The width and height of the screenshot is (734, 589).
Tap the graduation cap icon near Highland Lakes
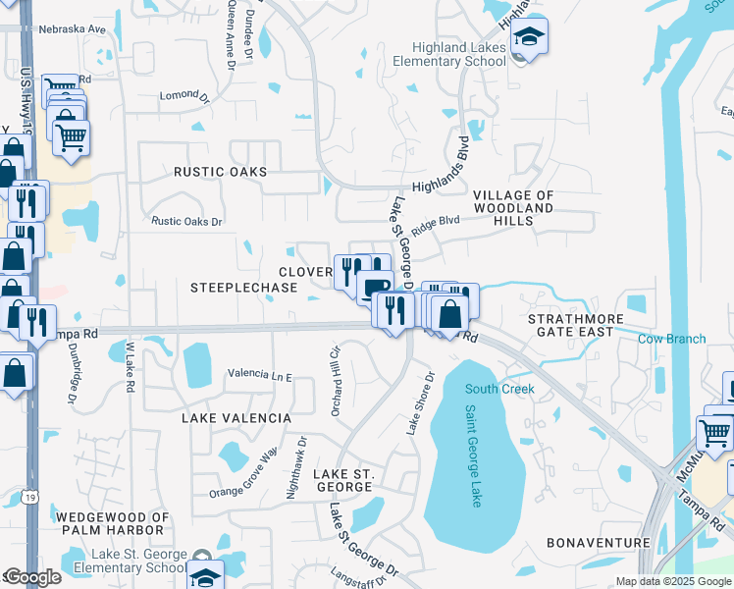tap(530, 38)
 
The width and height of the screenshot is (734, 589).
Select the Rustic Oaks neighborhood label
tap(220, 171)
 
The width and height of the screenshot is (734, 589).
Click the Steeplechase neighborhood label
tap(243, 288)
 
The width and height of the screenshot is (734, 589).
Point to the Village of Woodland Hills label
tap(514, 208)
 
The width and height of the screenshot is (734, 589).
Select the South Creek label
tap(499, 389)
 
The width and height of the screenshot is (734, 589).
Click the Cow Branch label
tap(671, 339)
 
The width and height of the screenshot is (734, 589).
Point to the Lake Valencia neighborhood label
tap(236, 418)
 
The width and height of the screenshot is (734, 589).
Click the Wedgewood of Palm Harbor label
tap(113, 523)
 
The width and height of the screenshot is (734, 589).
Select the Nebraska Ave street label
tap(71, 29)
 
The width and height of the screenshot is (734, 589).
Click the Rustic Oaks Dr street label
tap(186, 221)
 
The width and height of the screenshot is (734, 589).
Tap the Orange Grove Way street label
tap(243, 470)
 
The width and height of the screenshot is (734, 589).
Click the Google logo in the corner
tap(32, 577)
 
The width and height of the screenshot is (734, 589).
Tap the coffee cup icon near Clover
tap(374, 288)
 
